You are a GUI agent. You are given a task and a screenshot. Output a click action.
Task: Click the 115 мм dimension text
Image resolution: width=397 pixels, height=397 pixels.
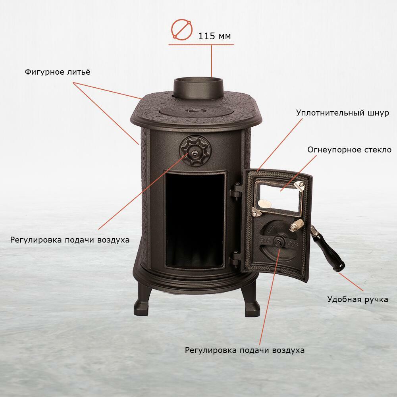[x=214, y=36]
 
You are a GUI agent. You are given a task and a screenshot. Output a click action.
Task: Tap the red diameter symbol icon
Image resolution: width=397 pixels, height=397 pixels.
[x=181, y=30]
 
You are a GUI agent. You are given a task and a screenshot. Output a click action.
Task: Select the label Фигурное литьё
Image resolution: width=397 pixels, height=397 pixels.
[x=58, y=72]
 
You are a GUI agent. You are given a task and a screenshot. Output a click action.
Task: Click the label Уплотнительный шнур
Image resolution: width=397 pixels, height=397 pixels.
[x=342, y=113]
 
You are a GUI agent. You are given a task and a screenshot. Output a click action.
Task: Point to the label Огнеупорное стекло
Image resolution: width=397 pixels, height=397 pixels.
[x=349, y=150]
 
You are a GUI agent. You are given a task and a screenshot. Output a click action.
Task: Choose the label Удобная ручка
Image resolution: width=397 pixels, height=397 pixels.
[x=358, y=299]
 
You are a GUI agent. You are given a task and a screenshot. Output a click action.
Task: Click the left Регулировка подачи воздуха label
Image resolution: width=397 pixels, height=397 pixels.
[x=70, y=240]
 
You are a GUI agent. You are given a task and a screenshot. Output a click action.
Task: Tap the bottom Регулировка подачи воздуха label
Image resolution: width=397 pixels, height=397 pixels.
[x=245, y=350]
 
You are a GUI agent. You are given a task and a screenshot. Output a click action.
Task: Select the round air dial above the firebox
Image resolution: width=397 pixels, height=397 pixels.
[x=195, y=150]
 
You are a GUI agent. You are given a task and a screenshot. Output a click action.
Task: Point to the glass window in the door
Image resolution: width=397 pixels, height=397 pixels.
[x=279, y=197]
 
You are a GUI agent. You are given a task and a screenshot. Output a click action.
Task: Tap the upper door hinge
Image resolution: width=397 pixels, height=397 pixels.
[x=235, y=191]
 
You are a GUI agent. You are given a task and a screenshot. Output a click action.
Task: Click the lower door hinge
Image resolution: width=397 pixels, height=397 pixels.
[x=235, y=260]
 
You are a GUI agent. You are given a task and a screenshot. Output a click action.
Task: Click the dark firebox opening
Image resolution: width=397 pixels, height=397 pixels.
[x=195, y=220]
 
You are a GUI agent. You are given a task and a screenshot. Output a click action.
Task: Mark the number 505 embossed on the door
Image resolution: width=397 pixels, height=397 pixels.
[x=265, y=240]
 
